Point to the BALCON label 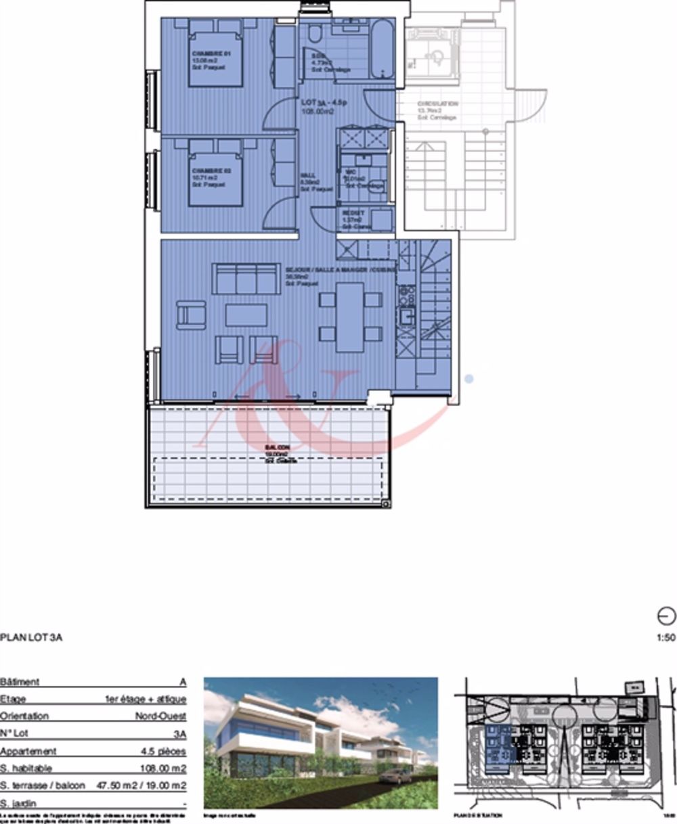pyautogui.click(x=278, y=448)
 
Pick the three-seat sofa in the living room pyautogui.click(x=246, y=277)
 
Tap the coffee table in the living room pyautogui.click(x=246, y=315)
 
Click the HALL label pyautogui.click(x=308, y=175)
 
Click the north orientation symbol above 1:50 pyautogui.click(x=666, y=616)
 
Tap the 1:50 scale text pyautogui.click(x=666, y=637)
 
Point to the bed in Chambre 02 pyautogui.click(x=215, y=173)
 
